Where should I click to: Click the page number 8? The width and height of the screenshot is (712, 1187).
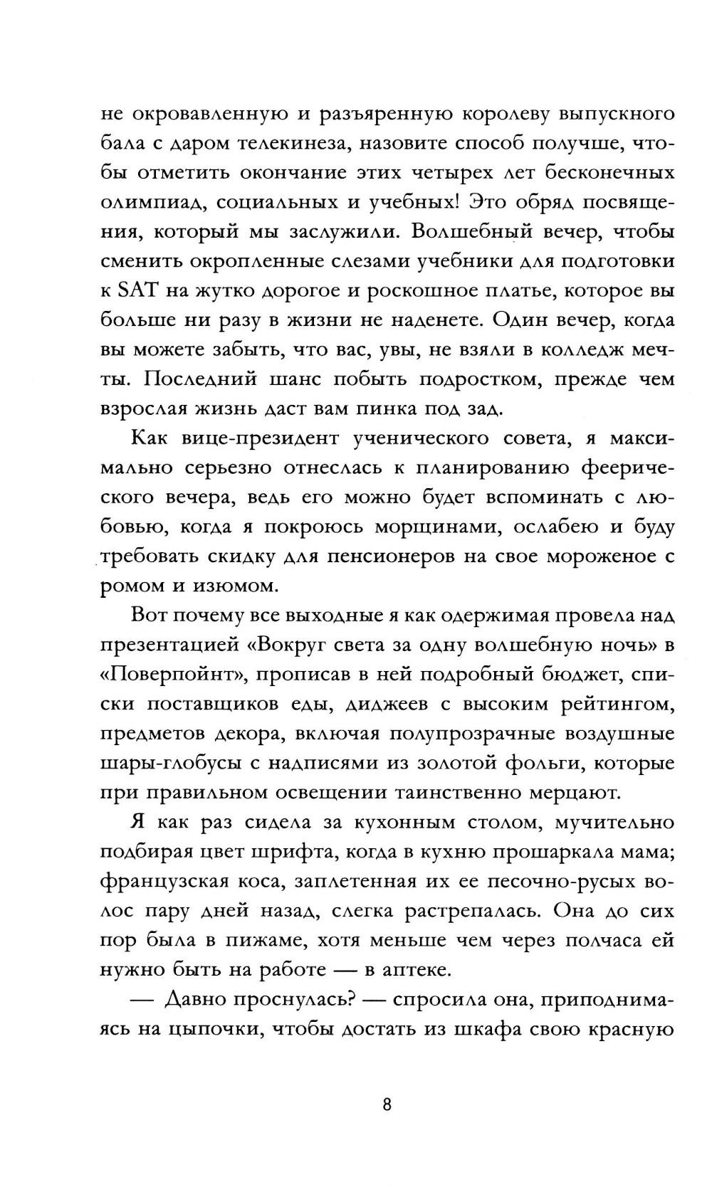tap(387, 1105)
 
